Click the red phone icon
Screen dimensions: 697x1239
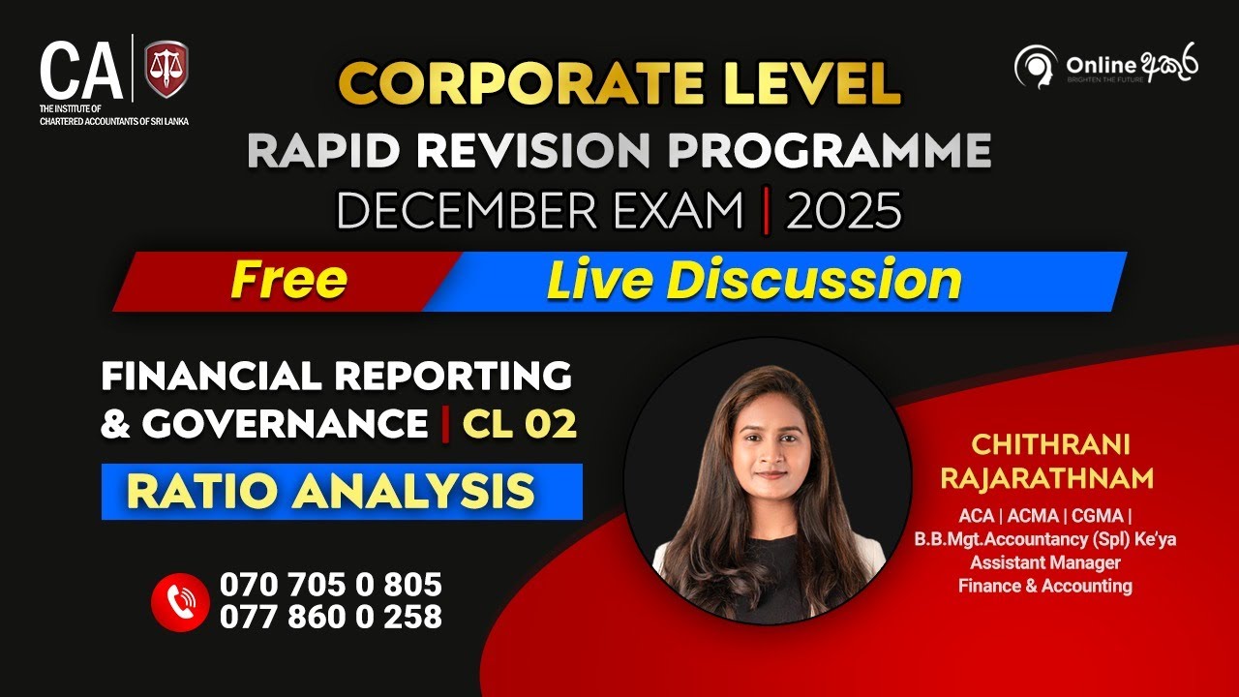(x=180, y=601)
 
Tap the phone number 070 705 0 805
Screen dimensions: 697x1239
(x=331, y=585)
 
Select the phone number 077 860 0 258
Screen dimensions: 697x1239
(x=331, y=617)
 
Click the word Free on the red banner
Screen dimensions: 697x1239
(x=288, y=281)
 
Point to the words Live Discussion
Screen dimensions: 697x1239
(x=754, y=281)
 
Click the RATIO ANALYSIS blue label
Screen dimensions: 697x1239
(x=331, y=492)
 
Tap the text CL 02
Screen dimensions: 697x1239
(x=519, y=424)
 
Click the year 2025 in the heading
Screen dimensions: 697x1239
(x=843, y=212)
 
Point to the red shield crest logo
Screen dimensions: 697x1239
(x=166, y=70)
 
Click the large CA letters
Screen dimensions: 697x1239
(x=81, y=71)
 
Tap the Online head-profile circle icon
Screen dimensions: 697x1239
(x=1035, y=66)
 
